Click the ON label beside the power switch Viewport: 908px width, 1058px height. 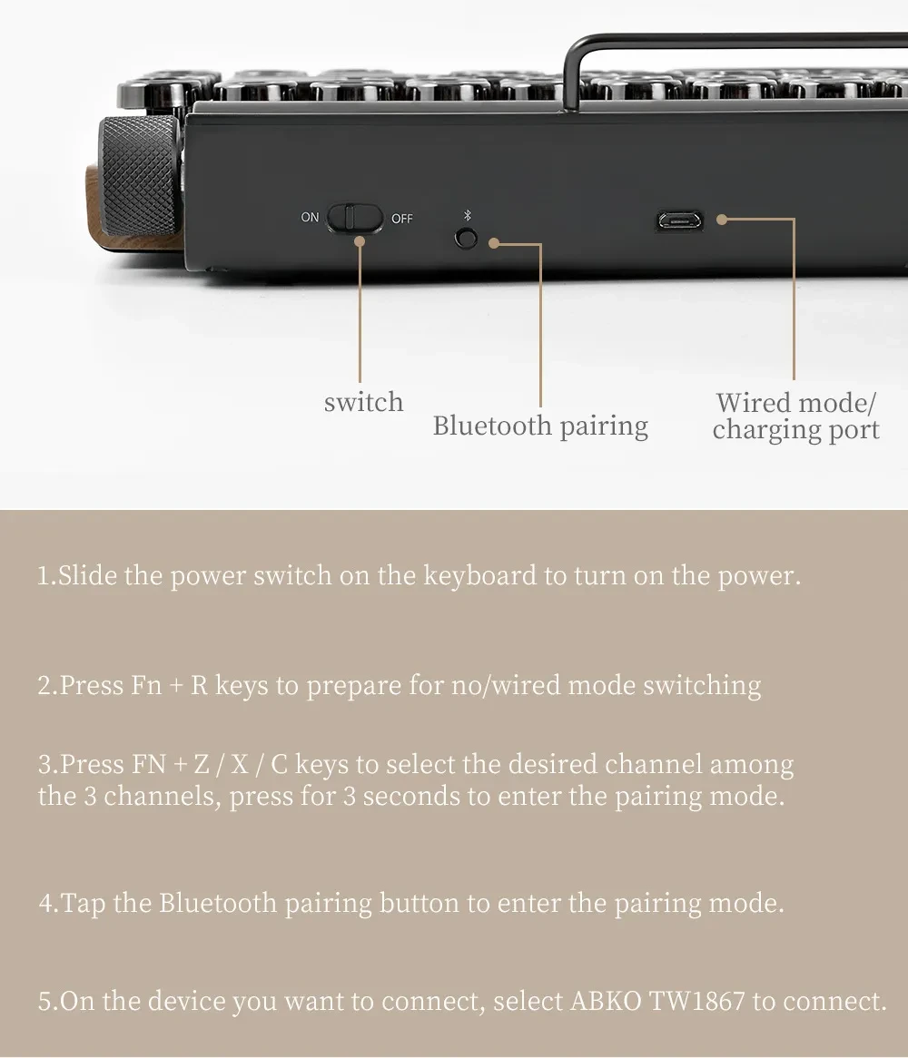click(311, 218)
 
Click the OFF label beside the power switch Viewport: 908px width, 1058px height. click(402, 219)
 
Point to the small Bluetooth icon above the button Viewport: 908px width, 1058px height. click(467, 216)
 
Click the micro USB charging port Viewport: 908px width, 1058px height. click(680, 220)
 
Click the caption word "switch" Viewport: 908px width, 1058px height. click(363, 402)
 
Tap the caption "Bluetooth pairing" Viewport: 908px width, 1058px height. click(540, 426)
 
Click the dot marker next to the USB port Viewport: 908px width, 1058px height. click(722, 219)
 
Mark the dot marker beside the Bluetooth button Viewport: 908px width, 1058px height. click(494, 243)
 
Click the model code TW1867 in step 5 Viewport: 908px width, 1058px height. click(697, 1002)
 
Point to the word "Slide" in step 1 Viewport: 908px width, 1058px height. click(88, 576)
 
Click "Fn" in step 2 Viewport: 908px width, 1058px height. click(146, 685)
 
